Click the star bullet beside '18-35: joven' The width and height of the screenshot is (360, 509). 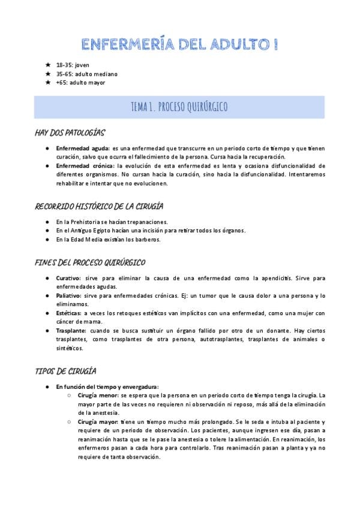pyautogui.click(x=48, y=64)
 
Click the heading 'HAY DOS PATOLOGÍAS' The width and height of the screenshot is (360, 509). pyautogui.click(x=70, y=133)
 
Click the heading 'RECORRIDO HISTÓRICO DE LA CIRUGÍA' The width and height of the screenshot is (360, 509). pyautogui.click(x=99, y=206)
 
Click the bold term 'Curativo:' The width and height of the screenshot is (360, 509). pyautogui.click(x=68, y=278)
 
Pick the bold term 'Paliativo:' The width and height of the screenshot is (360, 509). pyautogui.click(x=69, y=296)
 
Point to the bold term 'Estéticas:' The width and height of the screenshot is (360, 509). pyautogui.click(x=68, y=313)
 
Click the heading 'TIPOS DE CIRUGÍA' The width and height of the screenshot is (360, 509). pyautogui.click(x=65, y=372)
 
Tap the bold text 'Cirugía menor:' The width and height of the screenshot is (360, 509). pyautogui.click(x=98, y=396)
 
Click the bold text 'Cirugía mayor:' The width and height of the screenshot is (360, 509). pyautogui.click(x=98, y=422)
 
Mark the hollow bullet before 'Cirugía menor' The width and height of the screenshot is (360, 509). pyautogui.click(x=70, y=396)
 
